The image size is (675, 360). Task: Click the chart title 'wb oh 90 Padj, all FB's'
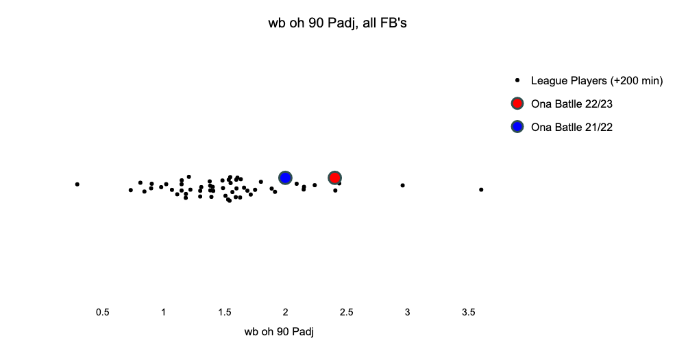tap(337, 23)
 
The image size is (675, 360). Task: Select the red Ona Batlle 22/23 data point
tap(335, 178)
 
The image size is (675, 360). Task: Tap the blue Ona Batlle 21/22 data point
tap(285, 178)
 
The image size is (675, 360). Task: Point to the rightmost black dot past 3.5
tap(481, 189)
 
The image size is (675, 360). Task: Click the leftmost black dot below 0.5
tap(77, 184)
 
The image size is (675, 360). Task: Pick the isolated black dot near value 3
tap(403, 185)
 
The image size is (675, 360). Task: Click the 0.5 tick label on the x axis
tap(103, 312)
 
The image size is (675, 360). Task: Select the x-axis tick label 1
tap(164, 312)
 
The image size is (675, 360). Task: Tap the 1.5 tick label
tap(225, 312)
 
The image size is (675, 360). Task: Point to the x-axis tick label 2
tap(285, 312)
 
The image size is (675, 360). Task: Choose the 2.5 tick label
tap(347, 312)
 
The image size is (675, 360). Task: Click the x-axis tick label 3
tap(407, 312)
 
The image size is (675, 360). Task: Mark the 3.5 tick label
tap(468, 312)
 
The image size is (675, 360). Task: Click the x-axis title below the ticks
tap(279, 332)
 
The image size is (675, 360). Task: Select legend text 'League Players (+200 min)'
tap(597, 80)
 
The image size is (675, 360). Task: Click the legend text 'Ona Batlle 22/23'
tap(572, 104)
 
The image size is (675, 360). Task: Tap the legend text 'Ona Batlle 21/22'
tap(572, 127)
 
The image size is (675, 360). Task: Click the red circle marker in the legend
tap(517, 104)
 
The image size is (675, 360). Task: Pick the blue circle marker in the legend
tap(517, 127)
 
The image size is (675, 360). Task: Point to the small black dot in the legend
tap(517, 80)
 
